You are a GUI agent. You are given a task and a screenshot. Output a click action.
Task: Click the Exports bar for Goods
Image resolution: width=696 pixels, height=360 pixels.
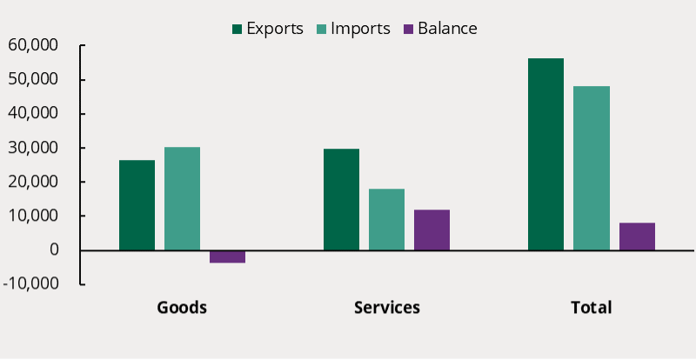[x=137, y=205]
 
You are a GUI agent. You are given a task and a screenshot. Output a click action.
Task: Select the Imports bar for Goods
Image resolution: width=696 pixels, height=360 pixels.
[x=182, y=199]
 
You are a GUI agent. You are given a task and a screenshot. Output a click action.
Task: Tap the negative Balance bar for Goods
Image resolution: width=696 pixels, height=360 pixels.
[x=227, y=257]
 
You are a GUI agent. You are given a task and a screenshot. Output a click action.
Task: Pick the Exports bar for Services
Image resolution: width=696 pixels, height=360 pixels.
[x=341, y=199]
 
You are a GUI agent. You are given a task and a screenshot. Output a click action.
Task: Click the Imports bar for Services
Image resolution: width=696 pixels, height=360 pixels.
[x=386, y=219]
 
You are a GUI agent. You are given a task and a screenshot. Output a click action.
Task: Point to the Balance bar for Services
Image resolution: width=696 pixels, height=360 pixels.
[x=432, y=230]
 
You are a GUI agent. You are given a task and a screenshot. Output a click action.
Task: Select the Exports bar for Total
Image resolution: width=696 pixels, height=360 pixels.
[x=545, y=154]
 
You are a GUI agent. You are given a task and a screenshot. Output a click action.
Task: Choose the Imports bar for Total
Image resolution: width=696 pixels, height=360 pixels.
[x=591, y=168]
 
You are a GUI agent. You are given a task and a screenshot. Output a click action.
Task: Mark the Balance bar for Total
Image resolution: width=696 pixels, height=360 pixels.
[x=637, y=237]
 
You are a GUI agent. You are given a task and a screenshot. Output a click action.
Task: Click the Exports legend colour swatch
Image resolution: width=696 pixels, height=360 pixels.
[x=237, y=29]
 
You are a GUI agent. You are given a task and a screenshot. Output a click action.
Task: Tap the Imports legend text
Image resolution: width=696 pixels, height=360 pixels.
[x=366, y=29]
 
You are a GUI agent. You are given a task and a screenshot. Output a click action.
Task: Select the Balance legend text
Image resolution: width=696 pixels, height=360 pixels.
[x=447, y=29]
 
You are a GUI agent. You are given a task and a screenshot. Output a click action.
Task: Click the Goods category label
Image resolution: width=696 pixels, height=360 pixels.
[x=182, y=308]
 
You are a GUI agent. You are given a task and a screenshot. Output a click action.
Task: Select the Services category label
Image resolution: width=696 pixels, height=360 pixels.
[x=386, y=308]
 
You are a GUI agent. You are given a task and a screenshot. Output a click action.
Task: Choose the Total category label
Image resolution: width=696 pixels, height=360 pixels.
[x=591, y=308]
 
